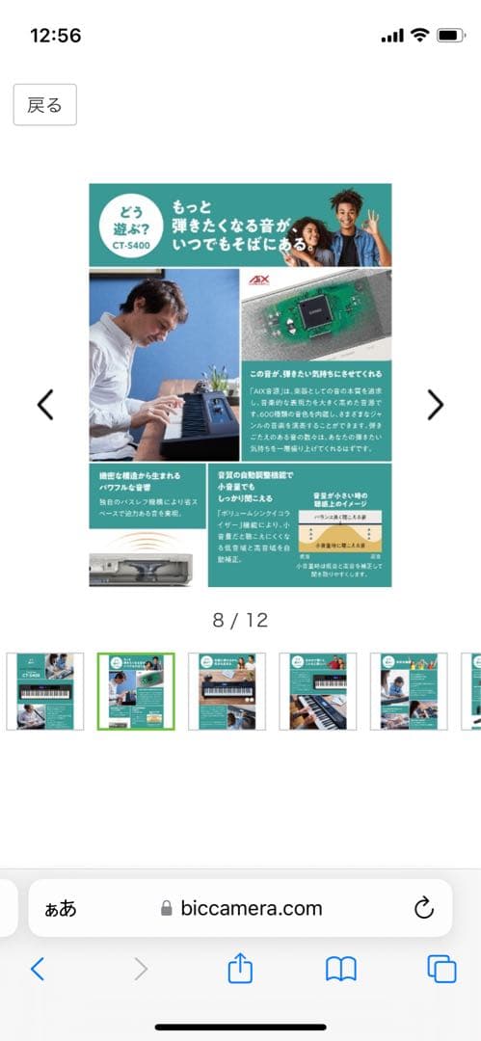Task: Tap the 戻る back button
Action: [44, 105]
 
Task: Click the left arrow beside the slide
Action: [45, 405]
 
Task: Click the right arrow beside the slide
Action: [435, 405]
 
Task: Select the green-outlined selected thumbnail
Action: [136, 691]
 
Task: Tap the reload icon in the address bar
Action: [423, 908]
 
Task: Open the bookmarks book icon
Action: [340, 969]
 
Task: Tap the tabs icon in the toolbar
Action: [441, 969]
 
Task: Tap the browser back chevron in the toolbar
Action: [38, 969]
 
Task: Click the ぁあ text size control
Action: [61, 908]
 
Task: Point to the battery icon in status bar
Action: [450, 36]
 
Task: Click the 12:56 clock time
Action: [56, 36]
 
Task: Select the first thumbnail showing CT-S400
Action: [45, 691]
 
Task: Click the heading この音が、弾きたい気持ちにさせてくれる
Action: [315, 372]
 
